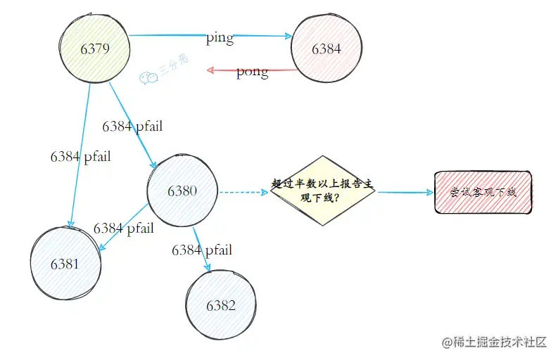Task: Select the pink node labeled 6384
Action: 326,50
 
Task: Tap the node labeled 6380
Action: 182,191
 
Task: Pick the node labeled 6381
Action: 65,264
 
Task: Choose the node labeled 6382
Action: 221,305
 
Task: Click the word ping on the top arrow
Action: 220,38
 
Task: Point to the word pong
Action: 252,72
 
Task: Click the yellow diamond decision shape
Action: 324,191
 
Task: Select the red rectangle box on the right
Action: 483,192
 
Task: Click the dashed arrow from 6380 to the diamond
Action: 243,191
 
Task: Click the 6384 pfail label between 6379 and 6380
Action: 132,127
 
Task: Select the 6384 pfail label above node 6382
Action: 202,250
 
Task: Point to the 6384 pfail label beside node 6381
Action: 123,228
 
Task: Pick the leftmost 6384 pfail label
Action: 80,156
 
